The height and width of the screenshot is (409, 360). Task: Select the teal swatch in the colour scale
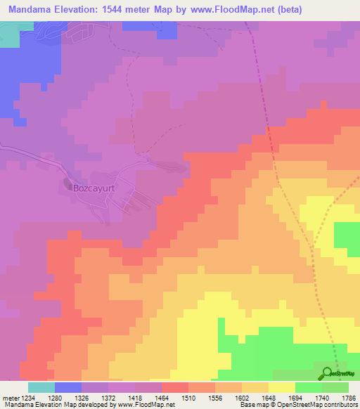point(41,387)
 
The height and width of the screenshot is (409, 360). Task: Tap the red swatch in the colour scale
point(175,387)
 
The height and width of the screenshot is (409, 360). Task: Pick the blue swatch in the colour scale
point(68,387)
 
